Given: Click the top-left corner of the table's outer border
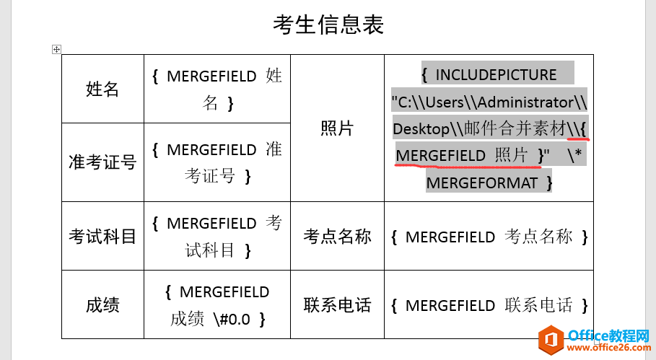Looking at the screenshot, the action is click(62, 55).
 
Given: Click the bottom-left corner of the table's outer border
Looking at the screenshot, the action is click(62, 338).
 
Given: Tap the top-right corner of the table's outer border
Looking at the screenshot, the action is click(593, 55).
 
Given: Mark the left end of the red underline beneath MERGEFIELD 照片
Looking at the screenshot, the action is click(395, 164).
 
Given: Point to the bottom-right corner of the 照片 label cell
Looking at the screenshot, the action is click(384, 201).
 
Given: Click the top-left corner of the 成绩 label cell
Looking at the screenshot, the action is click(62, 270).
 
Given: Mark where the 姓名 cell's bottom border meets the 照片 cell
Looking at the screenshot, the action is click(290, 123).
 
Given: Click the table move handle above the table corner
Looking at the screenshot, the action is click(56, 49).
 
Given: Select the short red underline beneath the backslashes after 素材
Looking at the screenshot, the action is click(578, 138).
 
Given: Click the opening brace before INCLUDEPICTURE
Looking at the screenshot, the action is click(424, 75).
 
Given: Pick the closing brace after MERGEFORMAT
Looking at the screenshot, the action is click(549, 183).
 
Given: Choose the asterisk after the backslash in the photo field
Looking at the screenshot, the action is click(578, 153).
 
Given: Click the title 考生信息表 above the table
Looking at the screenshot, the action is click(328, 25).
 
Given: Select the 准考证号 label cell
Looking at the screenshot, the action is click(103, 162).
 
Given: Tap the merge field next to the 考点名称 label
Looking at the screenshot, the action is click(489, 237).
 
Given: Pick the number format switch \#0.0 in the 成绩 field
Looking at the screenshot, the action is click(232, 320).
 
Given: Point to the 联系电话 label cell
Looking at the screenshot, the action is click(337, 304).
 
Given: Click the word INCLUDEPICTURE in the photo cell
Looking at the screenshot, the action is click(497, 75).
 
